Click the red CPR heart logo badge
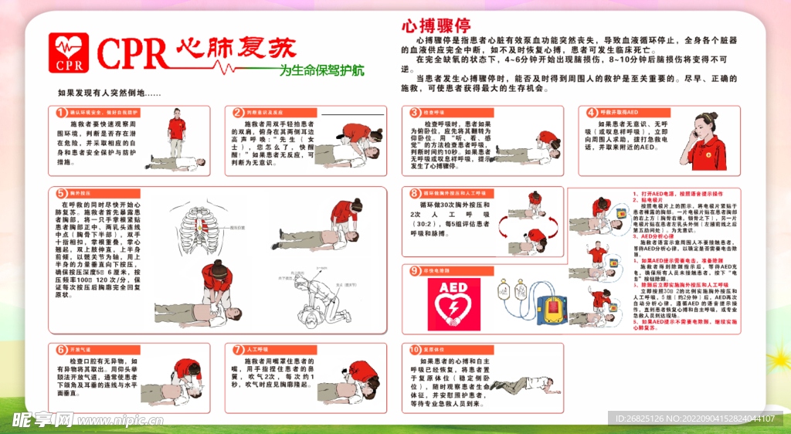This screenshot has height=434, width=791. [x=70, y=53]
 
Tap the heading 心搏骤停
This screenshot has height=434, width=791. [x=435, y=25]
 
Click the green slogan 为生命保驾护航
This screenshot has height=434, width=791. [x=321, y=71]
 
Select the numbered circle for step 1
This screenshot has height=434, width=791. [x=62, y=113]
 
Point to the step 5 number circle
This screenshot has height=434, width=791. [x=62, y=193]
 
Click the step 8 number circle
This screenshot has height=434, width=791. [x=415, y=193]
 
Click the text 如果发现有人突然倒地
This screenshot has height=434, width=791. [x=109, y=93]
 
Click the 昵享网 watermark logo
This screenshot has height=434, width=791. [x=42, y=419]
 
